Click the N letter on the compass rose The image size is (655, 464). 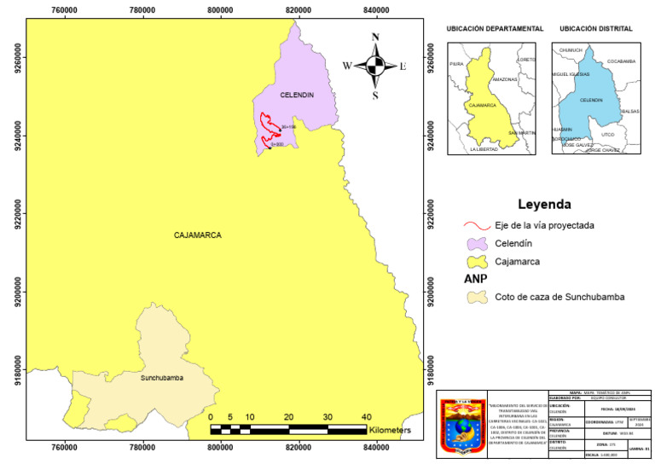(374, 37)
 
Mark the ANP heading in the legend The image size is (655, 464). (475, 279)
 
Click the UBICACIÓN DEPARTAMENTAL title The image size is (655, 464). (495, 29)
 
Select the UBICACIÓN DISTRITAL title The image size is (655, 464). (596, 29)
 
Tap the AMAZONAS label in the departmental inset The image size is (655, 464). (505, 78)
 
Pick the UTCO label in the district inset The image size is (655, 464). (607, 134)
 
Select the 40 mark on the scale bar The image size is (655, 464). (365, 416)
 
